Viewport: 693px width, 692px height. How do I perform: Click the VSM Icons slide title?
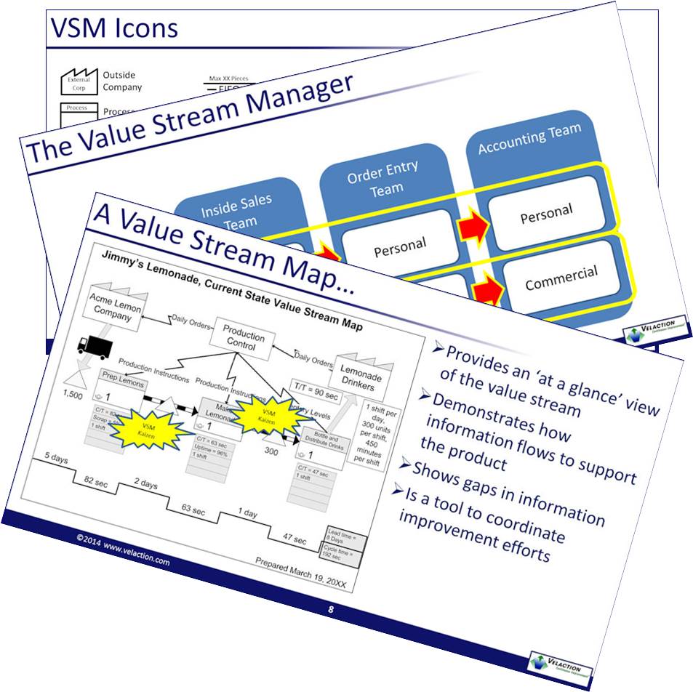pyautogui.click(x=113, y=28)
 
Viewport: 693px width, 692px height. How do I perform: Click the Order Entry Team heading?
pyautogui.click(x=383, y=178)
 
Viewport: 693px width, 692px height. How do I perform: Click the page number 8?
pyautogui.click(x=330, y=609)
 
